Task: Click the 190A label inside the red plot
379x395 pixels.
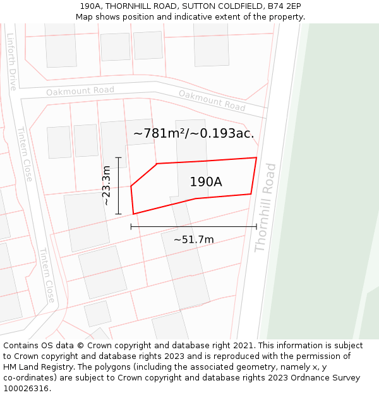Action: [x=206, y=182]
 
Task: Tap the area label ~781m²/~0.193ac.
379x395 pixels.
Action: [x=193, y=133]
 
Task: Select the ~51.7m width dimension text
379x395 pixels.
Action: [x=193, y=240]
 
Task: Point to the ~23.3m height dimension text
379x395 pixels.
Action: [x=107, y=185]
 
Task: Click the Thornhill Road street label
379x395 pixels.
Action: [x=266, y=208]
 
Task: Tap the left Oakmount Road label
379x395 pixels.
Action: [x=80, y=91]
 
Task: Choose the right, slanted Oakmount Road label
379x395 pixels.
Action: [x=212, y=100]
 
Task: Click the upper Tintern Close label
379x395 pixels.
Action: [x=25, y=154]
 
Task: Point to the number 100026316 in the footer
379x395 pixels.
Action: [x=25, y=388]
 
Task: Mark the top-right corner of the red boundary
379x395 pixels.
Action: [x=256, y=157]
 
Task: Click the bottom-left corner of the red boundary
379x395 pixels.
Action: [x=133, y=214]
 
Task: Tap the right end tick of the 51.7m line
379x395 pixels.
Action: [x=256, y=226]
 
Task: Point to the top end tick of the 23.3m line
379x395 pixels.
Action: [x=118, y=157]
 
